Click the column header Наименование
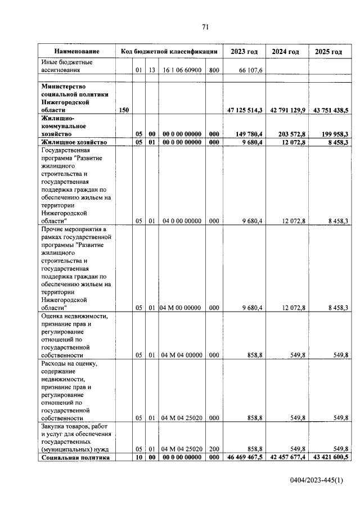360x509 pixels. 77,51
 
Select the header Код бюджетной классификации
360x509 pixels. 169,51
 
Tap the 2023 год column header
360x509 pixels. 244,51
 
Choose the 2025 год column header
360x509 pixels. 328,51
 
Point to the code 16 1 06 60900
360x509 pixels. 181,70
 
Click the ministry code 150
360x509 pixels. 124,111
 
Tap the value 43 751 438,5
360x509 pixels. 328,111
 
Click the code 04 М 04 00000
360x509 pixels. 181,355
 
